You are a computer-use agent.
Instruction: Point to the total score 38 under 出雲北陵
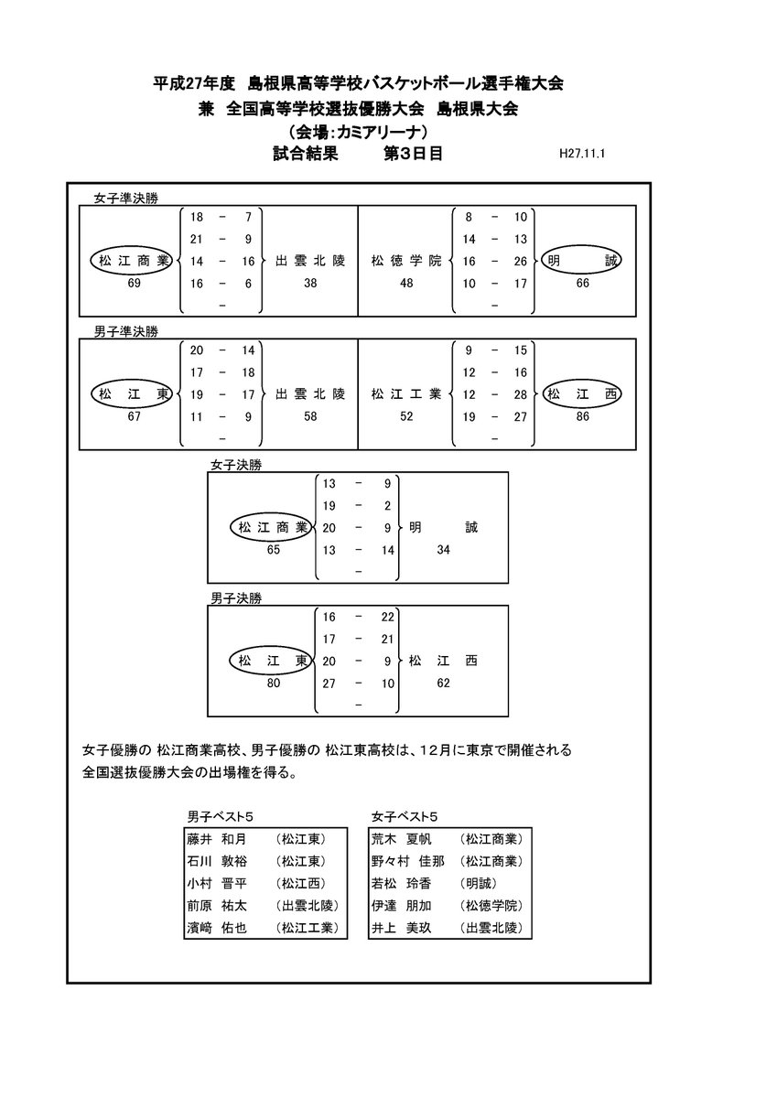click(310, 284)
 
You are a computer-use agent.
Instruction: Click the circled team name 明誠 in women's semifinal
click(582, 262)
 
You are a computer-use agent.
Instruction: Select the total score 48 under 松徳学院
click(406, 284)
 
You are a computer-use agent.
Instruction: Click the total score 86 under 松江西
click(582, 416)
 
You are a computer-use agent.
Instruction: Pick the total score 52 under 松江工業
click(406, 416)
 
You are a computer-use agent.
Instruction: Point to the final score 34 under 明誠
click(444, 550)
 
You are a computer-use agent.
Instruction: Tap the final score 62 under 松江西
click(444, 683)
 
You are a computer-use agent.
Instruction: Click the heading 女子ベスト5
click(406, 816)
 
